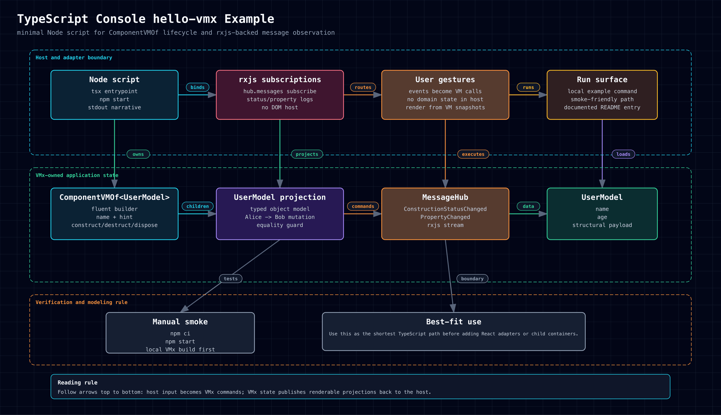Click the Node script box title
tap(114, 80)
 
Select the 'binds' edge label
tap(198, 87)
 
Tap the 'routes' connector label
tap(363, 87)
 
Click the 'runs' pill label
tap(528, 87)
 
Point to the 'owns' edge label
tap(138, 154)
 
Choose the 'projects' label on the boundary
tap(307, 154)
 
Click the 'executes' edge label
tap(473, 154)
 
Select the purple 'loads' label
tap(623, 154)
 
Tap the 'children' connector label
tap(198, 206)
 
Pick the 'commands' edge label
tap(363, 206)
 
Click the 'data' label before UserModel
tap(528, 206)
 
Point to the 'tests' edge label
tap(231, 278)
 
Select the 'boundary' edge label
tap(472, 278)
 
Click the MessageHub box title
tap(445, 197)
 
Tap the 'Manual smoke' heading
tap(180, 322)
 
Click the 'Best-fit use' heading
tap(454, 322)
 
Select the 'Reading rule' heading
tap(77, 383)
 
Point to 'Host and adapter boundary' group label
tap(74, 58)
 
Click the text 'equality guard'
tap(280, 225)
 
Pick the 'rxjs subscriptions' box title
tap(280, 80)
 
